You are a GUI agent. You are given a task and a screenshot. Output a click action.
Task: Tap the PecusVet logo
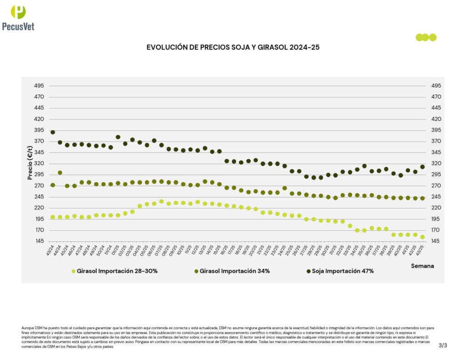[x=18, y=17]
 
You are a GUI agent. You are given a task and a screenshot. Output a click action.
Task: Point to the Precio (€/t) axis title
[x=30, y=162]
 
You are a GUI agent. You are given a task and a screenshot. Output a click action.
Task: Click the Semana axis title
[x=422, y=265]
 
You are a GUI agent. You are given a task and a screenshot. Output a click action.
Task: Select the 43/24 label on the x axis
[x=49, y=250]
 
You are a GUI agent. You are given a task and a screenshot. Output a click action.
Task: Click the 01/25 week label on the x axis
[x=114, y=250]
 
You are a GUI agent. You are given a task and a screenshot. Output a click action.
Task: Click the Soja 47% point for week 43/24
[x=53, y=132]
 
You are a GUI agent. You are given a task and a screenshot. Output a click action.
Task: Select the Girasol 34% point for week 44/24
[x=60, y=173]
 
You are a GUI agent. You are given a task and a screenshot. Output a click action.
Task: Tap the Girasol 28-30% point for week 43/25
[x=422, y=237]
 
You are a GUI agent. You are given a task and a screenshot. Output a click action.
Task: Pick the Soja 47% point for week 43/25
[x=422, y=167]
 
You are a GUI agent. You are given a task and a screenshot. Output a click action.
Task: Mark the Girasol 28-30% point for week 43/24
[x=53, y=217]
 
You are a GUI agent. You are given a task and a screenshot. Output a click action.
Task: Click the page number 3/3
[x=443, y=345]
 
